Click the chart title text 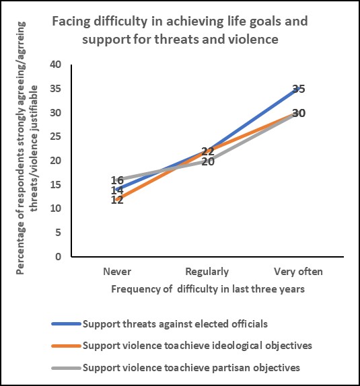pos(180,30)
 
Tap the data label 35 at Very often pos(299,89)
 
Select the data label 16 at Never pos(117,180)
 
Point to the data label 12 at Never pos(117,200)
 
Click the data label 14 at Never pos(117,190)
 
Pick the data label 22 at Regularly pos(208,151)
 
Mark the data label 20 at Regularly pos(208,161)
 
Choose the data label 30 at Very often pos(299,113)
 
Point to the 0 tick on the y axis pos(59,256)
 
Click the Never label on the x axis pos(117,272)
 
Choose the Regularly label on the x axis pos(208,272)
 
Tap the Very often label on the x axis pos(299,272)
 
